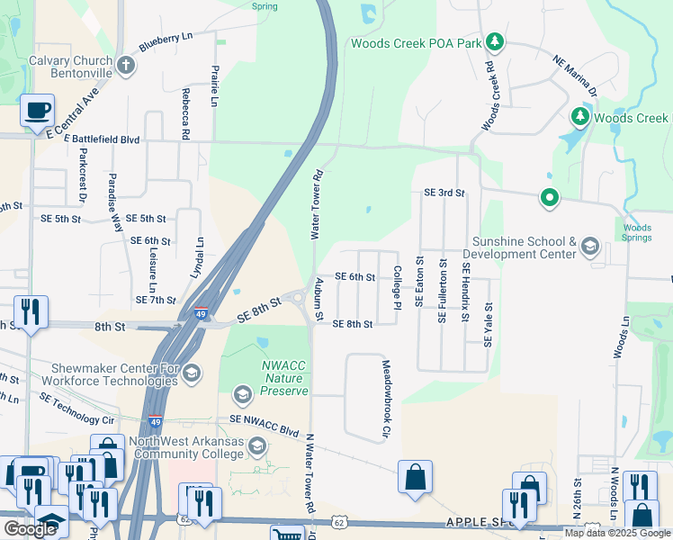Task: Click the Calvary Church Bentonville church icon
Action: pos(126,65)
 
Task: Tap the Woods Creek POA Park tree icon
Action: pos(494,41)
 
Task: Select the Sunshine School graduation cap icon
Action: pos(590,247)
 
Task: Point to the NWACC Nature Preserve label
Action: pos(285,378)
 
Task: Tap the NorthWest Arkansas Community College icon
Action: pos(257,446)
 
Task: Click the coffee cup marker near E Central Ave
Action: pos(37,111)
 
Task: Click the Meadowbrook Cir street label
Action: pos(386,400)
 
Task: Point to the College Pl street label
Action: pos(397,288)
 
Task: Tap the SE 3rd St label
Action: pos(444,193)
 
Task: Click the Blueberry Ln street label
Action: pos(166,42)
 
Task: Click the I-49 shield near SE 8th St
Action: pos(202,314)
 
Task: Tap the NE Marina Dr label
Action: pos(575,76)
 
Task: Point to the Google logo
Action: pos(30,529)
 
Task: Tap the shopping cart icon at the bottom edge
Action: pos(287,535)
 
